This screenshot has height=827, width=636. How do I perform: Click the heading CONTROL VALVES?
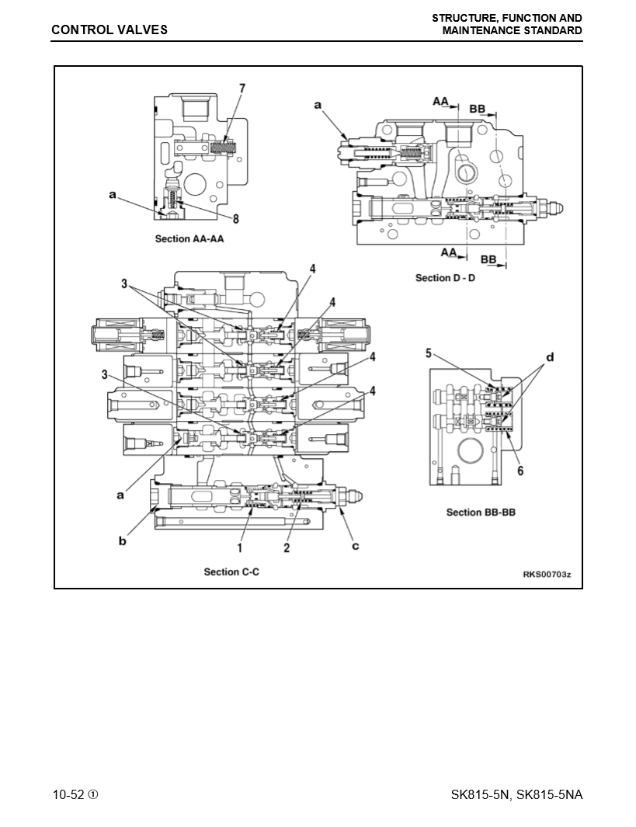coord(109,30)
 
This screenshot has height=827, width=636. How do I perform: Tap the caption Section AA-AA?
coord(189,238)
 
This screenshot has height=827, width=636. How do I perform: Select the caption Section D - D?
coord(445,277)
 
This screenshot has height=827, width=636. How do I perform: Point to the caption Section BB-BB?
coord(481,512)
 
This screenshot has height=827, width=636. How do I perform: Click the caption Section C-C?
coord(231,572)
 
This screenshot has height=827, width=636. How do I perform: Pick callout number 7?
coord(242,89)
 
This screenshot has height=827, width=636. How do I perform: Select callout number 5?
coord(428,353)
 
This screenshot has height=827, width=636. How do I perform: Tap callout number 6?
coord(520,470)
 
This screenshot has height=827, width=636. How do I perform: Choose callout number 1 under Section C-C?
coord(241,547)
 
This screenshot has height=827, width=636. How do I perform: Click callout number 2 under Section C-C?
coord(287,547)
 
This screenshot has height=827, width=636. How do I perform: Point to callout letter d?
coord(550,357)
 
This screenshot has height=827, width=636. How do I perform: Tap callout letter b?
coord(122,540)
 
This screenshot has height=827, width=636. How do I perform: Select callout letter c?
coord(356,546)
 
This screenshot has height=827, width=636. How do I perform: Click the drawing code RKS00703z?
coord(547,575)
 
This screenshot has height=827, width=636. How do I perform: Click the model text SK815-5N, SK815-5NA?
coord(516,794)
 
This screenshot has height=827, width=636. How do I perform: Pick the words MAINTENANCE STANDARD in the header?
coord(512,30)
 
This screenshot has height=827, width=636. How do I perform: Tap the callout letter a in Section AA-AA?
coord(113,196)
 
